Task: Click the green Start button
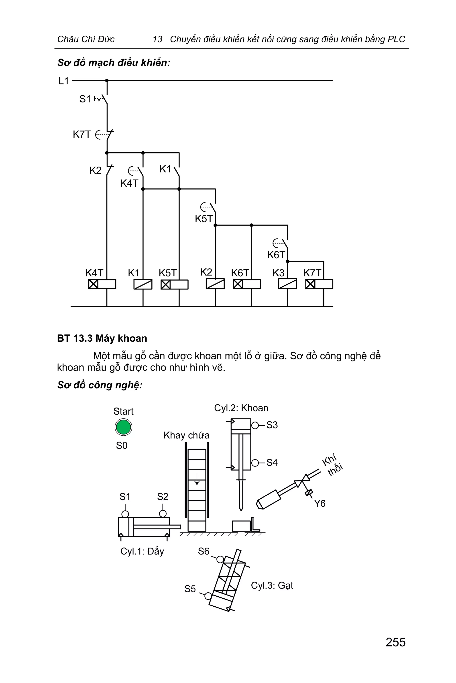tap(123, 427)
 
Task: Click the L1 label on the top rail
tap(63, 81)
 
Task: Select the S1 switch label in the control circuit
tap(85, 99)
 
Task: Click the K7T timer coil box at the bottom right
tap(319, 284)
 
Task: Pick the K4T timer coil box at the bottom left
tap(102, 284)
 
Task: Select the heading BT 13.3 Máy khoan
tap(102, 338)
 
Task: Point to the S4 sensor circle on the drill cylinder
tap(255, 463)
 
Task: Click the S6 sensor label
tap(204, 551)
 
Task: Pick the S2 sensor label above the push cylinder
tap(163, 497)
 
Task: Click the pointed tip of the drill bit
tap(241, 510)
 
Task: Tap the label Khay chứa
tap(186, 435)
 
